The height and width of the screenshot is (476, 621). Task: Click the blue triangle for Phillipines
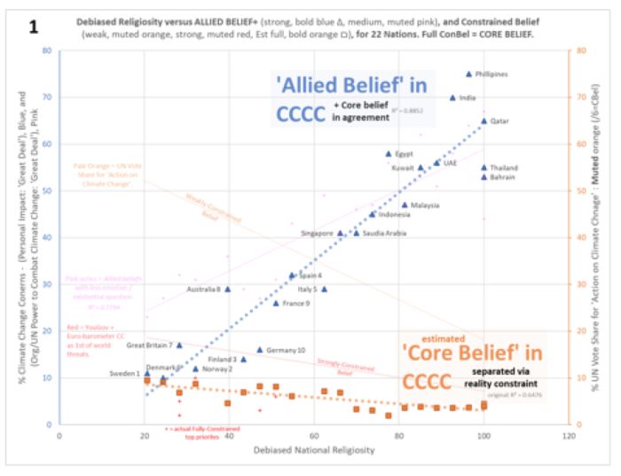click(x=468, y=74)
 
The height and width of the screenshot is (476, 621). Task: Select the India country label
click(x=468, y=98)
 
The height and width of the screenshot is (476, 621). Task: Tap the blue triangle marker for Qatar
click(x=484, y=121)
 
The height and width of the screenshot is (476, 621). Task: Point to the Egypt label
click(x=405, y=154)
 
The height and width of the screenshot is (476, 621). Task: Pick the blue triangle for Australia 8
click(x=228, y=289)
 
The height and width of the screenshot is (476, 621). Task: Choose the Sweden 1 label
click(x=125, y=374)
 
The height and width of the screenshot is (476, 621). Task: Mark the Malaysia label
click(x=425, y=205)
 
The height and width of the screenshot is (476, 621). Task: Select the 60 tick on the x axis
click(x=314, y=436)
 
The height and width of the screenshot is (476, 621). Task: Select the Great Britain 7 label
click(x=149, y=345)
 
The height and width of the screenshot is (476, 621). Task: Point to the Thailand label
click(x=504, y=168)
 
